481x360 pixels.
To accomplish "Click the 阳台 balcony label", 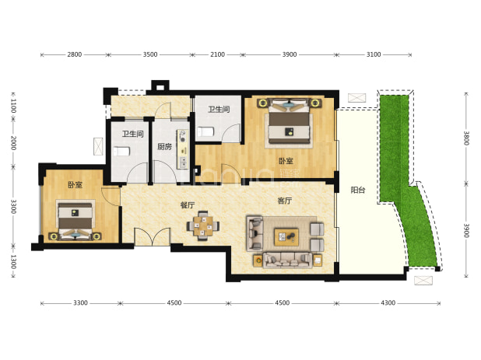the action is [358, 190].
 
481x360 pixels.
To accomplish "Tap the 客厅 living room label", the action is [284, 201].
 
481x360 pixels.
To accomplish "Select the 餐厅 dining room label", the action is [188, 205].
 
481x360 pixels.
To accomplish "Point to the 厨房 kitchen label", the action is [164, 147].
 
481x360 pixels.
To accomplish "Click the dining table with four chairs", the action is [203, 226].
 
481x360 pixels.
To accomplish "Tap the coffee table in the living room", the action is [286, 237].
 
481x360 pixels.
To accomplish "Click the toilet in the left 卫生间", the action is [121, 152].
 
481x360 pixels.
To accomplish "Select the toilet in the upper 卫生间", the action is [205, 131].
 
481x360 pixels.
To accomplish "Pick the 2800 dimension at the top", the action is [75, 54].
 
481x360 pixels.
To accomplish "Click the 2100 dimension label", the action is [217, 54].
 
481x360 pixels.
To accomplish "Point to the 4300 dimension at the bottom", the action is [388, 303].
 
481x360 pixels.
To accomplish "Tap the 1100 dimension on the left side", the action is [13, 106].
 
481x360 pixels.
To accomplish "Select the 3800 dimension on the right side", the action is [466, 138].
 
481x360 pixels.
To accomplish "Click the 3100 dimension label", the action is [374, 54].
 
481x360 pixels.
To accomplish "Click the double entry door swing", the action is [152, 236].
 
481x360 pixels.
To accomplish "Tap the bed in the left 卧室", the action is [75, 219].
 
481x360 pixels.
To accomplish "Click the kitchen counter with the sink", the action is [183, 149].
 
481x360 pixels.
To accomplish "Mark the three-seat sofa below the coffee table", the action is [287, 260].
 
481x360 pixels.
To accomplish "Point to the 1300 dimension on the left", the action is [13, 261].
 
